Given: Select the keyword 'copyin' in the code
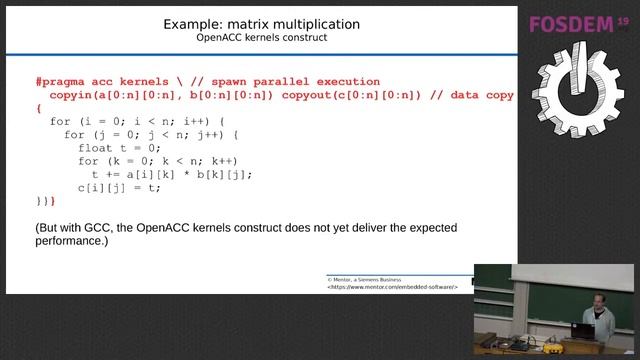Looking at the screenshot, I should (x=70, y=95).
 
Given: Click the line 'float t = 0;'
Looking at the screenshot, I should (x=118, y=147).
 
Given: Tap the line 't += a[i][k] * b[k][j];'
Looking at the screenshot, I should (x=171, y=174).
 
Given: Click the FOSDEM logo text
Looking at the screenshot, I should (x=572, y=25).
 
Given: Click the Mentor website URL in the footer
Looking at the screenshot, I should (x=392, y=287).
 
